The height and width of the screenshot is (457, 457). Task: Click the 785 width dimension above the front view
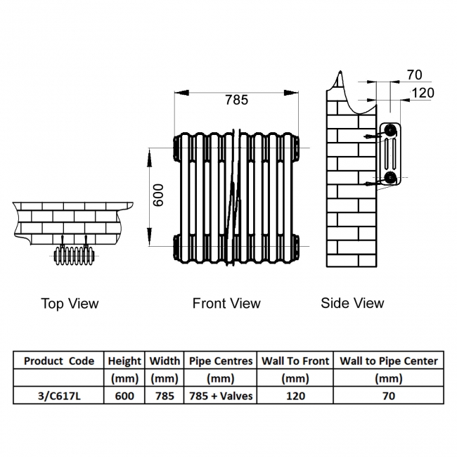pyautogui.click(x=236, y=100)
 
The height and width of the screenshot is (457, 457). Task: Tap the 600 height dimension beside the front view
pyautogui.click(x=159, y=195)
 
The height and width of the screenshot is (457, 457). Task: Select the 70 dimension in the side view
pyautogui.click(x=415, y=75)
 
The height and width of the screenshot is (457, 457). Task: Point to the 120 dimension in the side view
pyautogui.click(x=423, y=92)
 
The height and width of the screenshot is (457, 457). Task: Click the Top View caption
pyautogui.click(x=70, y=304)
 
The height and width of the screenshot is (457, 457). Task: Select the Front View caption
pyautogui.click(x=226, y=304)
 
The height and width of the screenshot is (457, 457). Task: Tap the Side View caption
pyautogui.click(x=352, y=303)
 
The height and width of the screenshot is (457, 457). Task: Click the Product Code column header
pyautogui.click(x=59, y=361)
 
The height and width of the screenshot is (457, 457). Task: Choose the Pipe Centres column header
pyautogui.click(x=221, y=361)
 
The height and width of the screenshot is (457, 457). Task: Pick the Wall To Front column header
pyautogui.click(x=295, y=361)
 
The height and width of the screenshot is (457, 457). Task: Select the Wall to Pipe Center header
pyautogui.click(x=389, y=361)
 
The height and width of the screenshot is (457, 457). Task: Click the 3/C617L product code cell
pyautogui.click(x=59, y=396)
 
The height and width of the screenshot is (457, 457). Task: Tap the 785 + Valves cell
pyautogui.click(x=221, y=396)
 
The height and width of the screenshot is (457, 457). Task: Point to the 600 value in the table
pyautogui.click(x=124, y=396)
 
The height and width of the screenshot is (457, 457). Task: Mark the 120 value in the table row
pyautogui.click(x=295, y=396)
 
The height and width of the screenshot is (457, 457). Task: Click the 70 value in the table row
pyautogui.click(x=389, y=396)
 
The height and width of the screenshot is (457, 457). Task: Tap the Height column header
pyautogui.click(x=124, y=361)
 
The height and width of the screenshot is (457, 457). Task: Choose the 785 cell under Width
pyautogui.click(x=165, y=396)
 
